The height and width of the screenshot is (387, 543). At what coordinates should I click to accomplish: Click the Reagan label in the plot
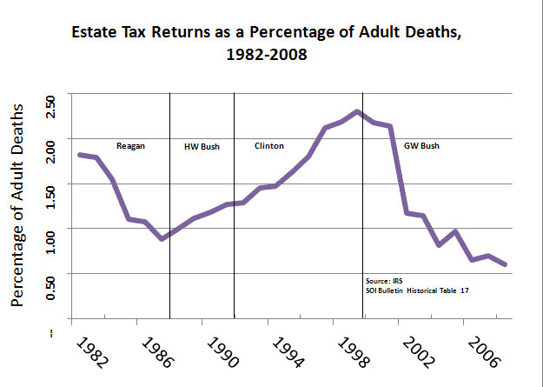coord(130,145)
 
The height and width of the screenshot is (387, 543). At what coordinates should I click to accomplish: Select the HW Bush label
coord(202,146)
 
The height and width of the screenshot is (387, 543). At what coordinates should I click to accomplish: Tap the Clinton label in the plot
coord(268,145)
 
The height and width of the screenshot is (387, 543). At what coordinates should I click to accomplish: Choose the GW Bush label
coord(420,145)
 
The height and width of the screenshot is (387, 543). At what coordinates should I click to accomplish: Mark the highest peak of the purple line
coord(357,111)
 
